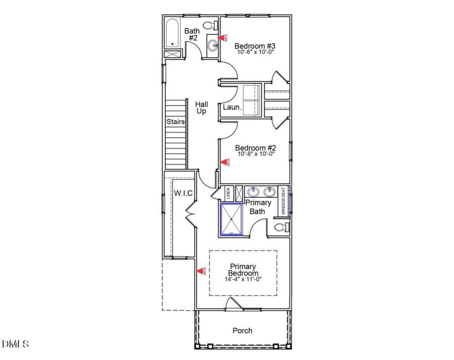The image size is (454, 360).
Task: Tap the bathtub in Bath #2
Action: [x=173, y=33]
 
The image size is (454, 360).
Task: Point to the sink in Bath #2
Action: [x=212, y=45]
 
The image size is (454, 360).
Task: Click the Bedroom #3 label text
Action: [x=255, y=46]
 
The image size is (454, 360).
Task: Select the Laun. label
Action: [x=232, y=107]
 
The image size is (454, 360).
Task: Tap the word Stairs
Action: [x=175, y=121]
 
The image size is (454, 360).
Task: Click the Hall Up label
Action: [x=201, y=108]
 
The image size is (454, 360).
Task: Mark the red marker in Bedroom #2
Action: [x=228, y=163]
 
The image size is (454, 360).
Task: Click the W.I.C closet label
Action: [x=183, y=193]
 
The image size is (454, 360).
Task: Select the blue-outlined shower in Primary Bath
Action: [x=232, y=219]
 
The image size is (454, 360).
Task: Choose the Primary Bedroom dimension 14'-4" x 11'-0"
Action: [x=243, y=279]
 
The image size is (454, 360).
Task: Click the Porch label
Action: [x=242, y=331]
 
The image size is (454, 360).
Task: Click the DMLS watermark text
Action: [x=15, y=344]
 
